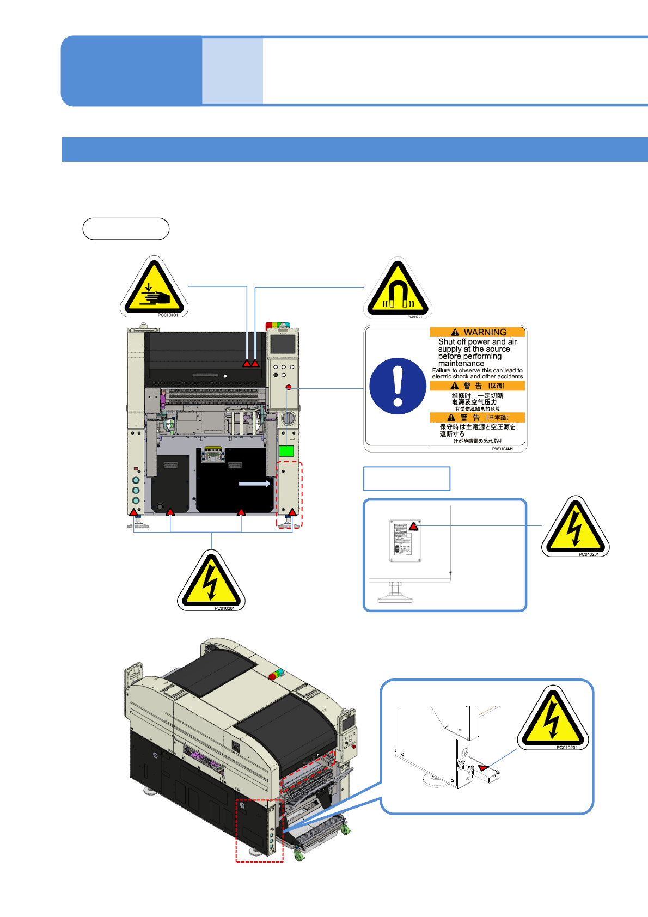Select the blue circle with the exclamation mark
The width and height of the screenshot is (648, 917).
(398, 386)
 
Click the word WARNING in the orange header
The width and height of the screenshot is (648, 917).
(484, 332)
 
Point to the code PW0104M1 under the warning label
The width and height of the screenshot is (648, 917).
(502, 449)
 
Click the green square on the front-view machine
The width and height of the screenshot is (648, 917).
(286, 451)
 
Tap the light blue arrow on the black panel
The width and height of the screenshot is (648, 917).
(255, 484)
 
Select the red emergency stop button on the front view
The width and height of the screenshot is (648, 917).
(289, 387)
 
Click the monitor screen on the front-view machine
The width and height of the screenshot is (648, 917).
(283, 344)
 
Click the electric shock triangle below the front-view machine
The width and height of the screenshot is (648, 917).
(211, 581)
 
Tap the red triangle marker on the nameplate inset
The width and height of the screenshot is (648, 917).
(414, 527)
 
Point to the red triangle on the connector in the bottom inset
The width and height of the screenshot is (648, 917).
(483, 768)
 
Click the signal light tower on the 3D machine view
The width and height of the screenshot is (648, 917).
(276, 674)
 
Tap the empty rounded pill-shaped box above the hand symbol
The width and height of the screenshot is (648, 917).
(126, 229)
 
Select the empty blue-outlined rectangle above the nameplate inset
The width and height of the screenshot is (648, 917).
(407, 479)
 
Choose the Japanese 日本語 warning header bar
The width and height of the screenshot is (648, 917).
(478, 418)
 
